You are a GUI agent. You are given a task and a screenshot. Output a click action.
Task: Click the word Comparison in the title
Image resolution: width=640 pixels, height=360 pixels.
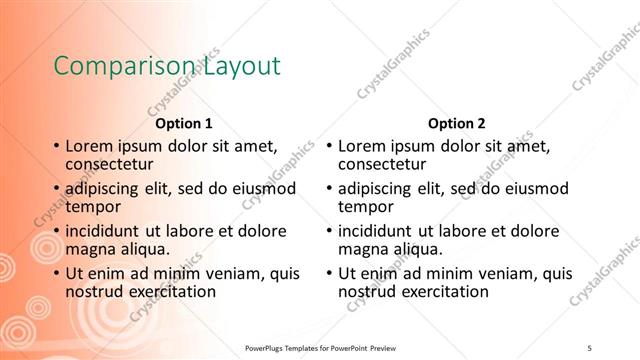pyautogui.click(x=112, y=67)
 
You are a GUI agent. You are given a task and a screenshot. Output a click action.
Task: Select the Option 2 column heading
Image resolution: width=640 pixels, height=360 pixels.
pyautogui.click(x=456, y=125)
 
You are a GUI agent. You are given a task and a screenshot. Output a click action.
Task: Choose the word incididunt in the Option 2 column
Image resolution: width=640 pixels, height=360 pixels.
pyautogui.click(x=384, y=230)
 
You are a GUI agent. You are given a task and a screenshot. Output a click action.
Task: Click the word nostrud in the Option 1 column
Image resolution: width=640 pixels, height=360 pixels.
pyautogui.click(x=94, y=291)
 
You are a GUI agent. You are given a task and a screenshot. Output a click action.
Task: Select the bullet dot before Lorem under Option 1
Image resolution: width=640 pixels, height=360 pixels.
pyautogui.click(x=56, y=147)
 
